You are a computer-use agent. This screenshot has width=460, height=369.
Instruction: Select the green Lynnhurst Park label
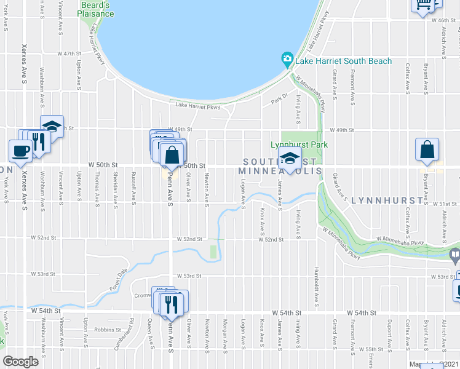point(299,145)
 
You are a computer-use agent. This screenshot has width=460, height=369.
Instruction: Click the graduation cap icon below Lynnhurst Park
point(288,160)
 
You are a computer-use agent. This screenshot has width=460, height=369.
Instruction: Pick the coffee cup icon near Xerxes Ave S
point(20,151)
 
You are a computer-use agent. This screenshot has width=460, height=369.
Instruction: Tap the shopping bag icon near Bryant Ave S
point(427,149)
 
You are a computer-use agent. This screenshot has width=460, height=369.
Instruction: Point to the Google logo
point(20,362)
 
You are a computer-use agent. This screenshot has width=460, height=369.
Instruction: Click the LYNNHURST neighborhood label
point(388,200)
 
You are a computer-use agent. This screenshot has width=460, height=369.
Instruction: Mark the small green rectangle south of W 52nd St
point(213,252)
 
